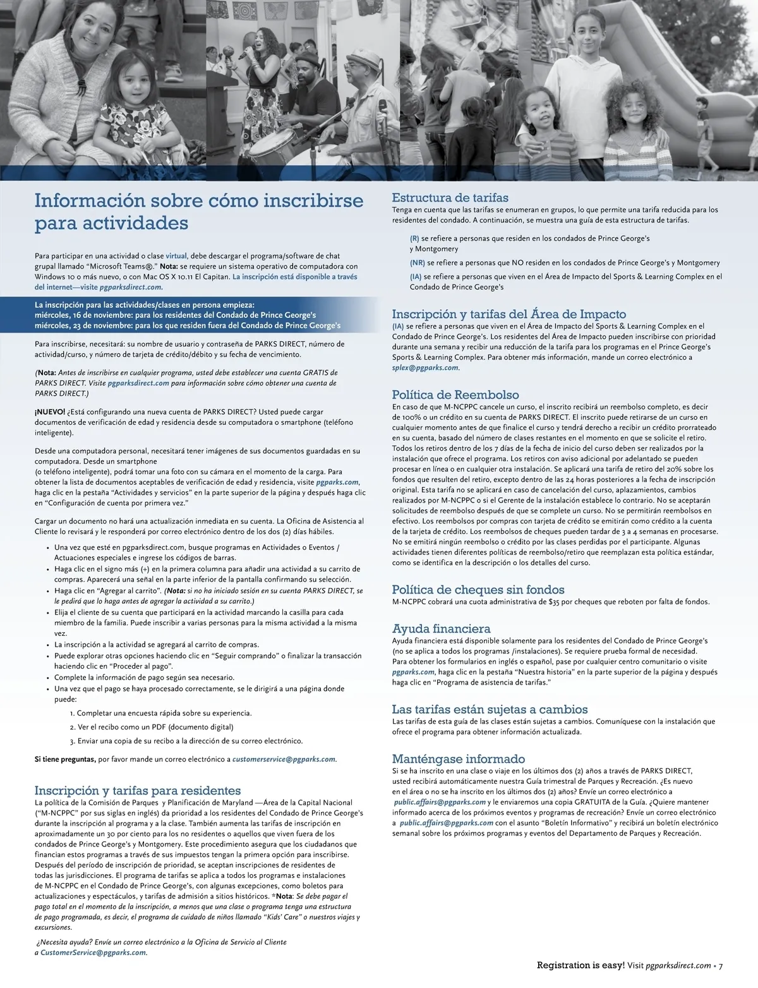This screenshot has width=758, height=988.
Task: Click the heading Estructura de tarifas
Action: [x=450, y=198]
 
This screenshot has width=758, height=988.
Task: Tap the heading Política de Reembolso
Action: [x=455, y=396]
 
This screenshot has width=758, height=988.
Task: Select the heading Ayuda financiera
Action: [x=441, y=629]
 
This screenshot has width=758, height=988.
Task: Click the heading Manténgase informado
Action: [x=459, y=759]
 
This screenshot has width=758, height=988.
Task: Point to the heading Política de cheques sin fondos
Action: [x=478, y=590]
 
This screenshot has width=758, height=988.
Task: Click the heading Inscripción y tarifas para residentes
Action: [x=137, y=790]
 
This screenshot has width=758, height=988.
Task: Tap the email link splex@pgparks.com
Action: [x=424, y=368]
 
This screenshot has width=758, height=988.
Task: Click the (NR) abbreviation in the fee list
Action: [x=417, y=263]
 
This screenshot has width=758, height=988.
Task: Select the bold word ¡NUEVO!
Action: [x=49, y=412]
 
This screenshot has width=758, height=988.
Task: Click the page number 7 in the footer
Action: [x=720, y=966]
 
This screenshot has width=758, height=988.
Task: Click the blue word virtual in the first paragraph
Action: [x=176, y=256]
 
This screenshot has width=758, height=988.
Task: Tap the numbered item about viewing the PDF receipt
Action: [x=152, y=727]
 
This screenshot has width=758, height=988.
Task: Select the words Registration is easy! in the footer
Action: [x=581, y=966]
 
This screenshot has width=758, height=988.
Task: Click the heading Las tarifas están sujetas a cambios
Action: [x=490, y=709]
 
